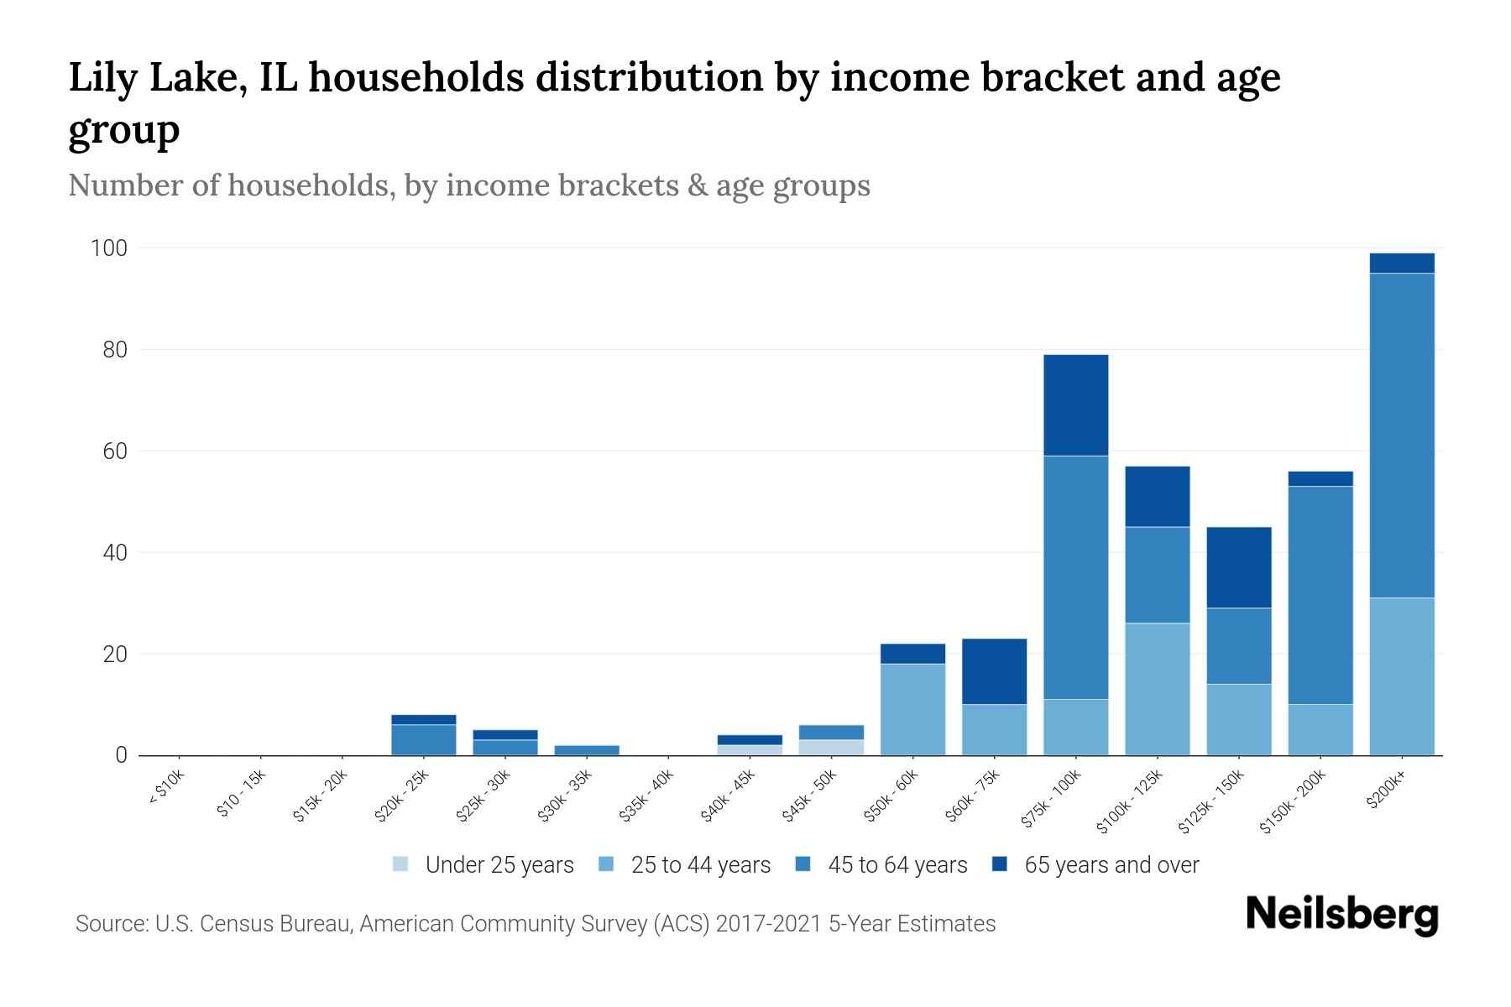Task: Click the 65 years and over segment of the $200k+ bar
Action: point(1401,263)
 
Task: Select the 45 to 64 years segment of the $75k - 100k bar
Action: point(1075,577)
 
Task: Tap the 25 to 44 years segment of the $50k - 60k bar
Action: point(912,709)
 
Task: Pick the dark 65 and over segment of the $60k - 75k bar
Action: point(994,671)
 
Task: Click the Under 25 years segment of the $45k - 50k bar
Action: point(831,747)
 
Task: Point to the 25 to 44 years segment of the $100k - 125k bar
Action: point(1157,689)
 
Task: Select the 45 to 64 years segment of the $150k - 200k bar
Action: point(1320,595)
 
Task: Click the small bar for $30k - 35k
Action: point(587,749)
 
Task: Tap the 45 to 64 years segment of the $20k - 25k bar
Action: point(423,739)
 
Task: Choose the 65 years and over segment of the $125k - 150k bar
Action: point(1238,567)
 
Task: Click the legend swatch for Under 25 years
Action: point(400,864)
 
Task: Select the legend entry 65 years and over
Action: point(1111,864)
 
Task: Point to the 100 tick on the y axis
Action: point(109,248)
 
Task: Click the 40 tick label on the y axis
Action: point(114,553)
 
